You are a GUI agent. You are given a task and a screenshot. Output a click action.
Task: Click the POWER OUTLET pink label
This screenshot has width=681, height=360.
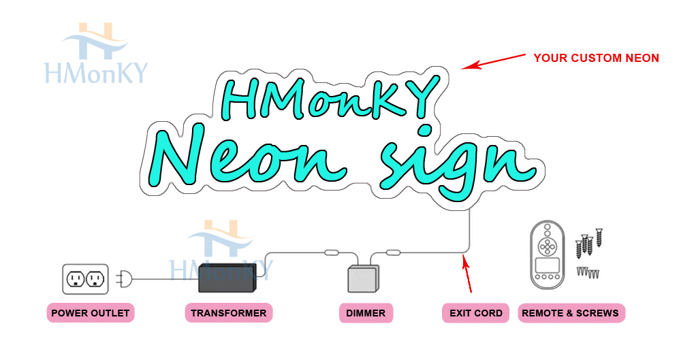90,313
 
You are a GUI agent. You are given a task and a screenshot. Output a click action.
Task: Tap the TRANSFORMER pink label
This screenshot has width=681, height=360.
228,313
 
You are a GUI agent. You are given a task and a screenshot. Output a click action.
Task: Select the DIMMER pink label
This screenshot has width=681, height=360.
366,313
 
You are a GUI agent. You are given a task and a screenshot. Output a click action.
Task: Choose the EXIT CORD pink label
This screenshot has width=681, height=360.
475,313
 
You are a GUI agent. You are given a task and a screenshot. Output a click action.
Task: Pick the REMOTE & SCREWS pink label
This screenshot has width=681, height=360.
571,313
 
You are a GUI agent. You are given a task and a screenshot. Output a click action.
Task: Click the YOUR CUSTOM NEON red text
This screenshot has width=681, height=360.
596,59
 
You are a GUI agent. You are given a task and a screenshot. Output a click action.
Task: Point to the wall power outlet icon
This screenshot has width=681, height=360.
85,278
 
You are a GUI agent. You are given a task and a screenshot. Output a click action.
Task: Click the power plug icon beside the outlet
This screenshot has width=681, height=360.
125,278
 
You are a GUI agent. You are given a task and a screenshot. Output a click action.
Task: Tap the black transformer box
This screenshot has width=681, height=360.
226,278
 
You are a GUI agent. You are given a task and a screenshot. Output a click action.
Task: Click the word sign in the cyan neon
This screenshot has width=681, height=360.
453,163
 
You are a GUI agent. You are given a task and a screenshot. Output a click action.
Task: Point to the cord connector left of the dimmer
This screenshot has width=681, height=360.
331,253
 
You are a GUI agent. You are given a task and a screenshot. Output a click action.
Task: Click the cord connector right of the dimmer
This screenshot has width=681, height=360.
393,253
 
